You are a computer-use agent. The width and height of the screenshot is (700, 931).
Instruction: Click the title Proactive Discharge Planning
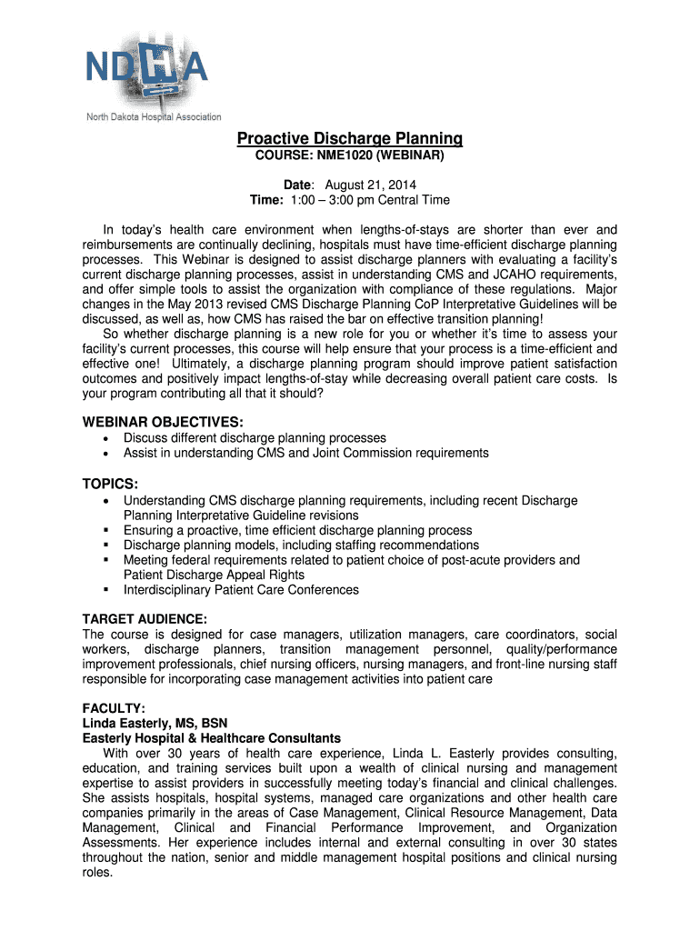coord(350,139)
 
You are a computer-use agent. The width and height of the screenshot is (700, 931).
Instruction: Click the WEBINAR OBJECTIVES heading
coord(163,422)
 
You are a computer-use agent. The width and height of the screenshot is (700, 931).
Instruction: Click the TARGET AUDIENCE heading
coord(145,618)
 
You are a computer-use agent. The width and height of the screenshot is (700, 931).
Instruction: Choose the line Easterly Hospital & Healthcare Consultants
coord(212,738)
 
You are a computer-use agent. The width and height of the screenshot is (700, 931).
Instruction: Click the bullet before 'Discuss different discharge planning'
coord(107,438)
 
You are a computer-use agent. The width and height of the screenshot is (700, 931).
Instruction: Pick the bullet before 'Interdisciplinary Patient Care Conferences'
coord(107,590)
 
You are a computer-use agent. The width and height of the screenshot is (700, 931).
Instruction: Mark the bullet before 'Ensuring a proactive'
coord(107,531)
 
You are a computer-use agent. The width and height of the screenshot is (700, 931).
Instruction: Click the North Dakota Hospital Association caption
coord(154,117)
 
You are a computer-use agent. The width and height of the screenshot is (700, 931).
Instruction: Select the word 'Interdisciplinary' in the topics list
coord(168,590)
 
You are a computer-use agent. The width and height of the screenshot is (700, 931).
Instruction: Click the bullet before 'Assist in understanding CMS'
coord(107,453)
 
